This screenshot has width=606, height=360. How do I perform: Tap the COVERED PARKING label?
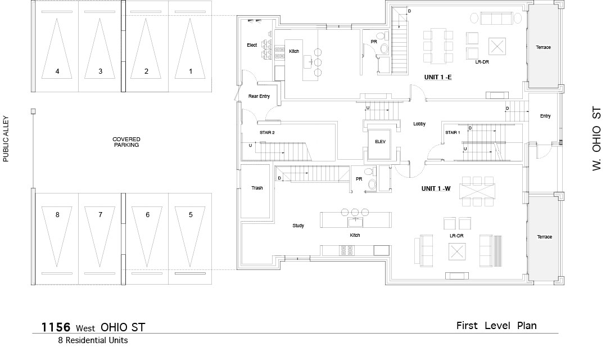126,142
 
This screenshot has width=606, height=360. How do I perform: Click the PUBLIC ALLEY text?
6,139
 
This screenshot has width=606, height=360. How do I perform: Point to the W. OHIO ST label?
597,139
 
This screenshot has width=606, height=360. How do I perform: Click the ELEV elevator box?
380,142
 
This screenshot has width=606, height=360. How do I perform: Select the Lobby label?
419,124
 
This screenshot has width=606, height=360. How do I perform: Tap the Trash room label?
257,188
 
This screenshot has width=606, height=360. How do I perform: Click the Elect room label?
252,45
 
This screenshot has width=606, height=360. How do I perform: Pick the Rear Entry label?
259,96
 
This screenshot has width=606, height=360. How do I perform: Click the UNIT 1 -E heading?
438,77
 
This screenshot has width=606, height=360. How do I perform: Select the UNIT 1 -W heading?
436,188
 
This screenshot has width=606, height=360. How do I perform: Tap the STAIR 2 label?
267,133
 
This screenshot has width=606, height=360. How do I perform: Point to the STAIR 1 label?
453,133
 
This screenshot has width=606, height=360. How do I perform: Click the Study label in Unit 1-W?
299,226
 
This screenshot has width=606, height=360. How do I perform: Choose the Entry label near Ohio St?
545,116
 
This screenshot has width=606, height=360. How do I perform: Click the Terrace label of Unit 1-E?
544,47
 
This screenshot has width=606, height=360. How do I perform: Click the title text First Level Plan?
496,326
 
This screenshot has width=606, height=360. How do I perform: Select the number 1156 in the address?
56,327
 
